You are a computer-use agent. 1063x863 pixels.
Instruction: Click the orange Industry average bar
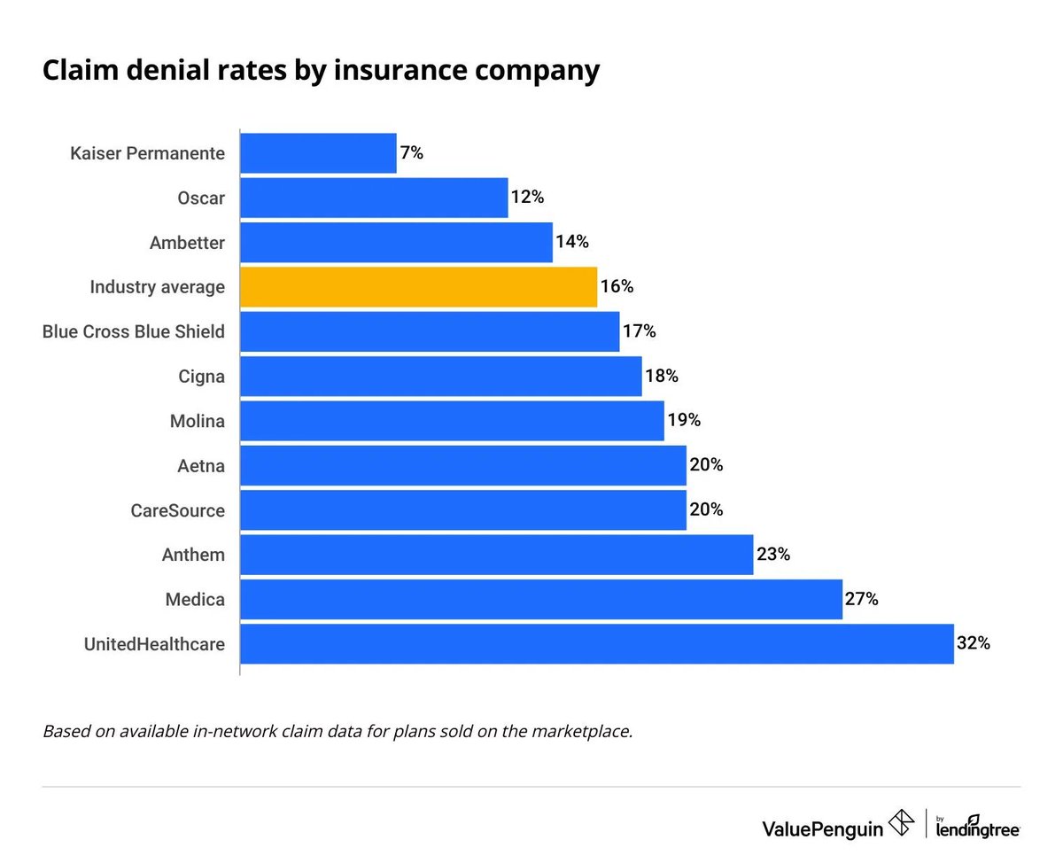[418, 287]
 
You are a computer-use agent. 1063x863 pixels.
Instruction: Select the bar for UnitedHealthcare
[596, 644]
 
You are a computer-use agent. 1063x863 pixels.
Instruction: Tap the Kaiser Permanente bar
[318, 153]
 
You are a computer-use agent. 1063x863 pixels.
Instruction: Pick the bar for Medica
[540, 600]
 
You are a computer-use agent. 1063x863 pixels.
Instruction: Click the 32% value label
[973, 644]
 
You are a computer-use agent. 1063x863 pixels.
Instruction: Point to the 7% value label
[412, 153]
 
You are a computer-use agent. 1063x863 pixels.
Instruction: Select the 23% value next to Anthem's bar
[772, 555]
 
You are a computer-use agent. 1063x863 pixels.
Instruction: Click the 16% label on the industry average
[617, 287]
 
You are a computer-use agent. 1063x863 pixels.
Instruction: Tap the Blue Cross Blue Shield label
[134, 332]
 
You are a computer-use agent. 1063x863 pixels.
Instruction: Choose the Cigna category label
[201, 377]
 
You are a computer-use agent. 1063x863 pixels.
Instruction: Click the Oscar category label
[201, 198]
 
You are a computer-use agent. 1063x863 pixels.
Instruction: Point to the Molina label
[197, 421]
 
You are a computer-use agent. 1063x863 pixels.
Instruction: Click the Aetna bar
[462, 466]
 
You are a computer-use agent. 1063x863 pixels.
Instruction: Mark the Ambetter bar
[396, 243]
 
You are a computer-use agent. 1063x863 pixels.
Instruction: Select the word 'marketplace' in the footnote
[577, 732]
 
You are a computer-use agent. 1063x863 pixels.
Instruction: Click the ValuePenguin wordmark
[822, 828]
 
